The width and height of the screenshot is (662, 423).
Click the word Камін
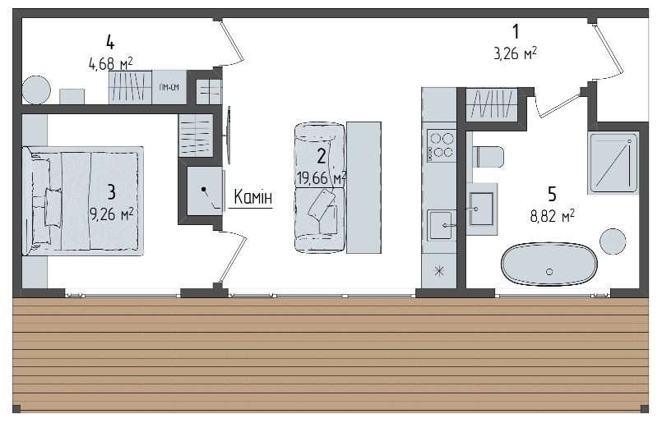tap(253, 197)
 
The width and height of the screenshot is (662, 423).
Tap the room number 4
tap(110, 43)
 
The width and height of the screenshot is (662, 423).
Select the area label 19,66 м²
tap(322, 178)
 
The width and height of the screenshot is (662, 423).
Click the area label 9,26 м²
tap(112, 214)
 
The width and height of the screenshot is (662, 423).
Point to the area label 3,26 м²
tap(515, 53)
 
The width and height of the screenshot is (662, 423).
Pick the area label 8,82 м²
tap(553, 216)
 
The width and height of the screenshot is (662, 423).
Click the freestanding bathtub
tap(549, 264)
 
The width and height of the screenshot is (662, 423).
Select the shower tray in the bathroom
tap(613, 163)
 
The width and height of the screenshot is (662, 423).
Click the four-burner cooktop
tap(441, 145)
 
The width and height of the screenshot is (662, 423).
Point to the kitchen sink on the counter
tap(441, 226)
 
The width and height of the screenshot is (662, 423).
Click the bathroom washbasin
tap(482, 209)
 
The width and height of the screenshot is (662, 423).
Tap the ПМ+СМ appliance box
tap(169, 87)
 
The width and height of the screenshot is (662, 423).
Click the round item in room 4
tap(36, 90)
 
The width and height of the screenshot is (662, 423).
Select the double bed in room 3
tap(83, 200)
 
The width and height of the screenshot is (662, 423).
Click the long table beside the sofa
tap(364, 187)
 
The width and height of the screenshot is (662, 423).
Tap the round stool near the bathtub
tap(613, 241)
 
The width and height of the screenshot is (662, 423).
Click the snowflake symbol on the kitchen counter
tap(439, 271)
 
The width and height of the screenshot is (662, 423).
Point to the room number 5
tap(553, 194)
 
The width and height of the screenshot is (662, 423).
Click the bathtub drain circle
tap(549, 272)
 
